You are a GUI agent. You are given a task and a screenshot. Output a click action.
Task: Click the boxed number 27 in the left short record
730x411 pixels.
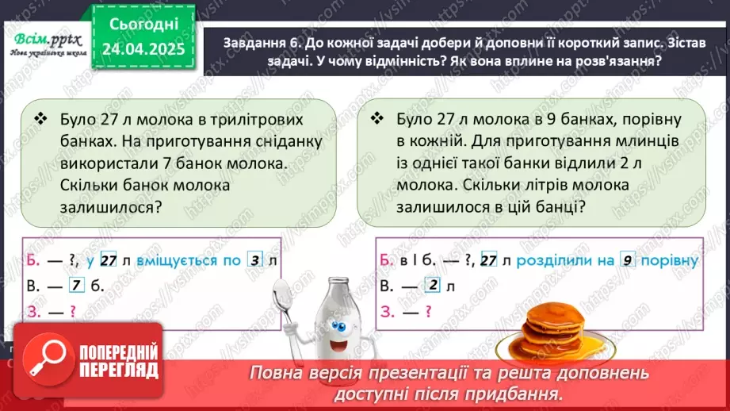109,261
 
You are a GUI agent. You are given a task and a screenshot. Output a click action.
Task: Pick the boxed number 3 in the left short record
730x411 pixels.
254,261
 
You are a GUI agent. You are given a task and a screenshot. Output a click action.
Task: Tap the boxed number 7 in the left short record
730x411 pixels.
76,286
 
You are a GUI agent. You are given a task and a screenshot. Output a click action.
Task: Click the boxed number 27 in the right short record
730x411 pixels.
488,261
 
